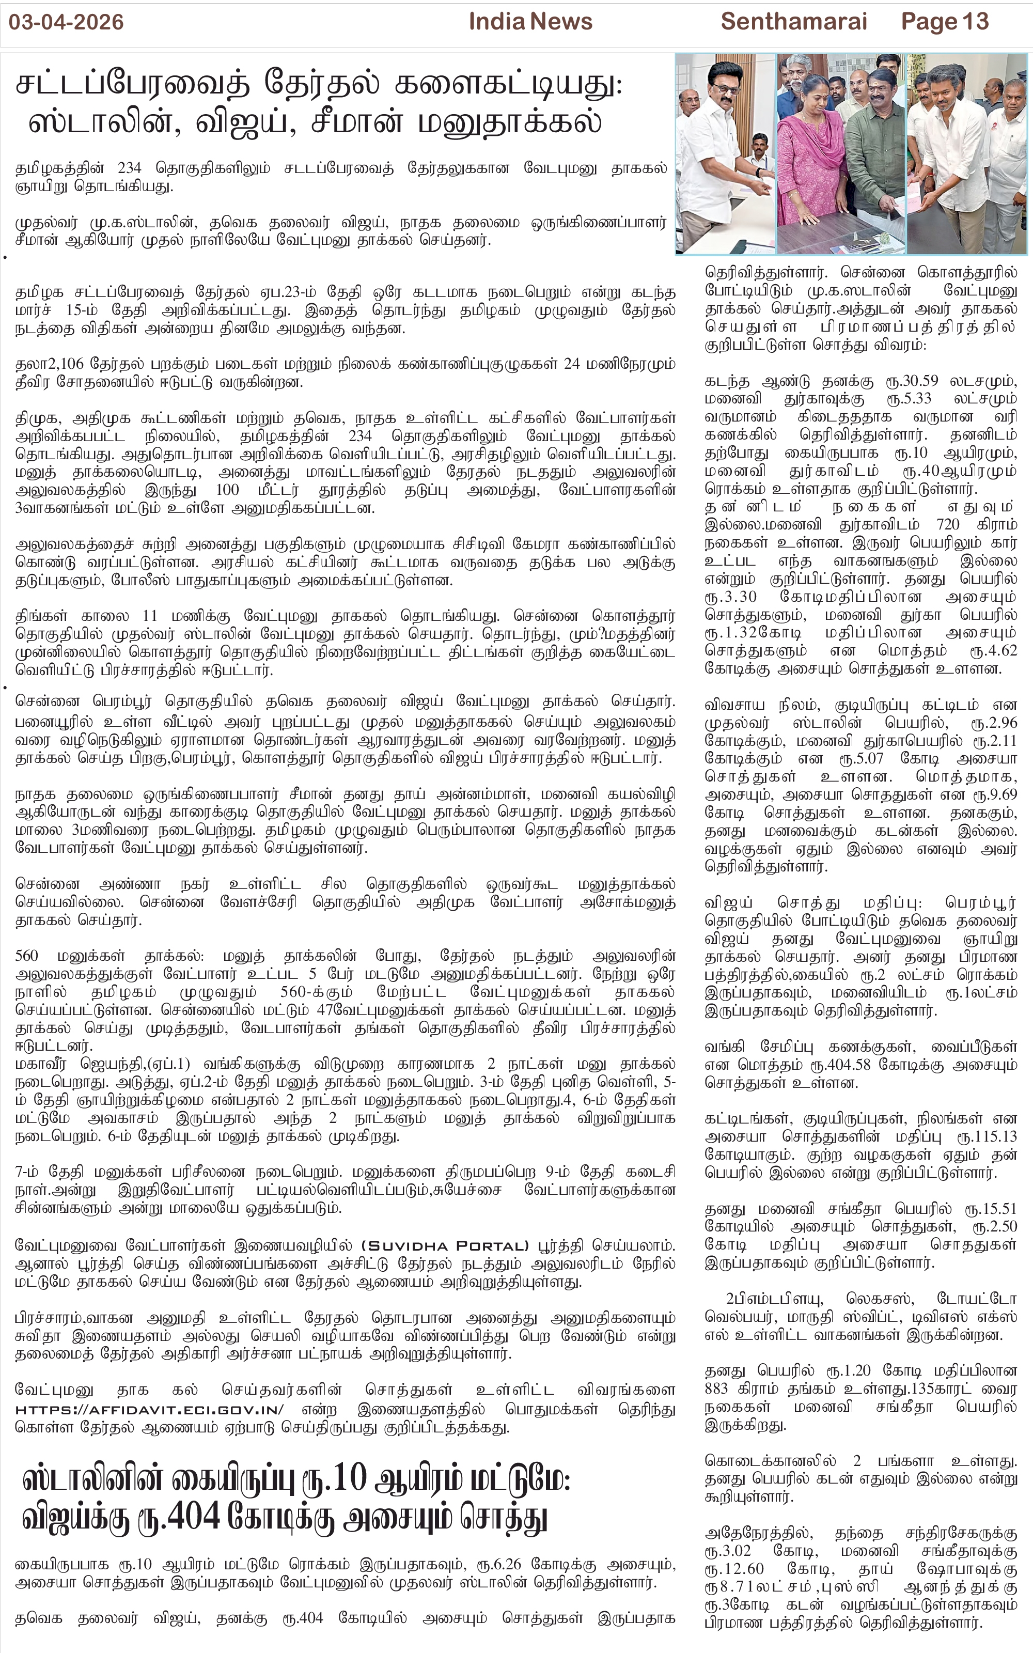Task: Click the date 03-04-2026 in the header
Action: [x=66, y=22]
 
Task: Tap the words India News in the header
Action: [x=530, y=22]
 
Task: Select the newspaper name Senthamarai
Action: [x=793, y=22]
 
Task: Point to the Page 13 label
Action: [x=944, y=22]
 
